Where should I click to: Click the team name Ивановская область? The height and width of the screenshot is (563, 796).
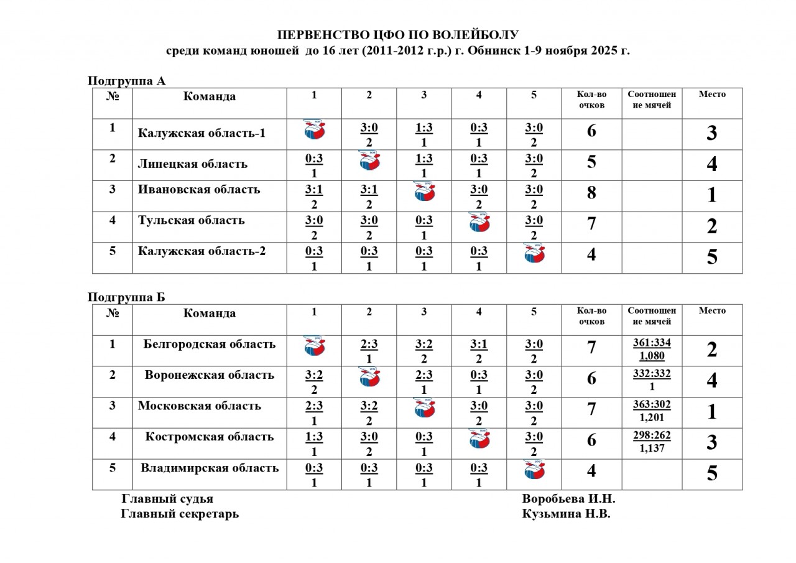pos(199,190)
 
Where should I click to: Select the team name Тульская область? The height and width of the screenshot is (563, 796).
pos(191,220)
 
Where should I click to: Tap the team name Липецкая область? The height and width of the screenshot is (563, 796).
pos(192,164)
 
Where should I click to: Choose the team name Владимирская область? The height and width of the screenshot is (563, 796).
pos(210,468)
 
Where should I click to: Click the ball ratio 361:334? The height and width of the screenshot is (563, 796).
pos(652,343)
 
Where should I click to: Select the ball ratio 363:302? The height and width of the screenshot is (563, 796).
pos(652,404)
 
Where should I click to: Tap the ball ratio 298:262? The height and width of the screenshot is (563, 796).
pos(652,435)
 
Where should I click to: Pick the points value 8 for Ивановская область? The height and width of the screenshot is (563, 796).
pos(591,193)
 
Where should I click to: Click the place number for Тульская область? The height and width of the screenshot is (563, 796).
pos(712,226)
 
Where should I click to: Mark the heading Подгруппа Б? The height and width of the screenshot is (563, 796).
pos(126,297)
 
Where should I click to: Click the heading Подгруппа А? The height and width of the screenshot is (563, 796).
pos(126,81)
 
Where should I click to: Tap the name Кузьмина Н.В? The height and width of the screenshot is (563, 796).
pos(567,514)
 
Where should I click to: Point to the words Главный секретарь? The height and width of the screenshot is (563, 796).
pos(179,514)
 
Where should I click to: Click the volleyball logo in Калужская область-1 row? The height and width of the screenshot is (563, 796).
pos(315,130)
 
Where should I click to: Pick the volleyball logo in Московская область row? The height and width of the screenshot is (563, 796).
pos(424,408)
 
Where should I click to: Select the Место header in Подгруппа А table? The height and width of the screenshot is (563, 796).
pos(712,95)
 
